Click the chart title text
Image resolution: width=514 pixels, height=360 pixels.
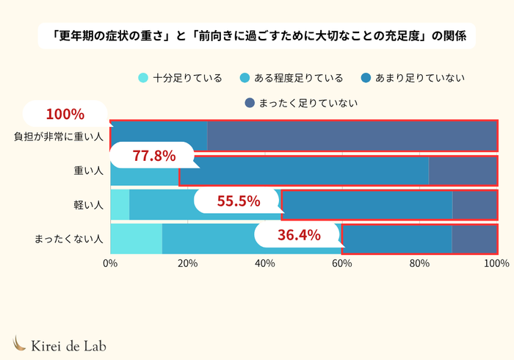tap(257, 35)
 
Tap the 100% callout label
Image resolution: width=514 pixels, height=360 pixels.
tap(65, 115)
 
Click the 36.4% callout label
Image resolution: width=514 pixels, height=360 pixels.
tap(299, 235)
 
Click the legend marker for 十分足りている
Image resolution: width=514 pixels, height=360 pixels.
tap(143, 78)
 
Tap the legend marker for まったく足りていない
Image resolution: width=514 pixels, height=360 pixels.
tap(249, 103)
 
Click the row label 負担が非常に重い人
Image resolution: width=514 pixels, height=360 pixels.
tap(59, 136)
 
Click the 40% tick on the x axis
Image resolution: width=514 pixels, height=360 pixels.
tap(264, 263)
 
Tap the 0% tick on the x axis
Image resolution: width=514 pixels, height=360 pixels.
tap(111, 263)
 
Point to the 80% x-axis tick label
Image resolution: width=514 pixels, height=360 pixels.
tap(419, 263)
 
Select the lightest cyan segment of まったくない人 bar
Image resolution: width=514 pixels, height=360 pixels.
tap(136, 239)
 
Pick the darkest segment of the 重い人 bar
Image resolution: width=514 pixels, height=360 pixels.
tap(463, 170)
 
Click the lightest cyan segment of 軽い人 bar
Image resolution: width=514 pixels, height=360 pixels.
tap(120, 205)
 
